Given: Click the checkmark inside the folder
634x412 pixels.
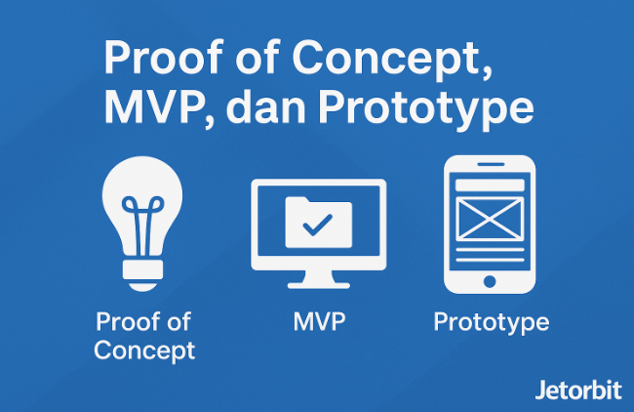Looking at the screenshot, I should (x=316, y=227).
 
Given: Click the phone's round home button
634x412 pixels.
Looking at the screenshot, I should (x=490, y=280).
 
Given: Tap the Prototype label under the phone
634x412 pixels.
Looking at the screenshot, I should (x=491, y=322).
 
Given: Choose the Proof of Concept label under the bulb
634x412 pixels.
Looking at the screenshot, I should (x=144, y=336).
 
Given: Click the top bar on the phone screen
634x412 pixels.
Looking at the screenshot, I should (x=490, y=183).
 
